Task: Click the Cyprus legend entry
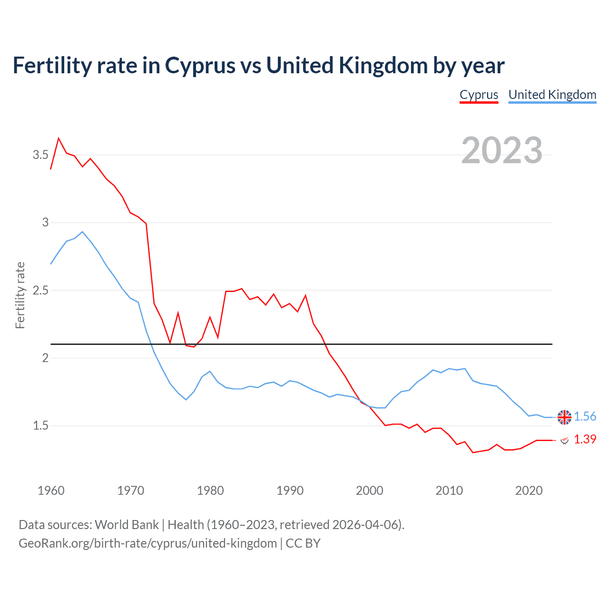(x=479, y=95)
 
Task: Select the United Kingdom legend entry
(x=552, y=95)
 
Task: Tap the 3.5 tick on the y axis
(x=40, y=155)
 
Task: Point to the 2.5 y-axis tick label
(x=40, y=290)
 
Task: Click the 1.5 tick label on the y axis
(x=40, y=426)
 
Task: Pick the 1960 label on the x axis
(x=51, y=491)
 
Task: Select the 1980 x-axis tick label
(x=210, y=491)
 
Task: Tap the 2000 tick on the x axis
(x=369, y=491)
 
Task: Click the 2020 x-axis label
(x=529, y=491)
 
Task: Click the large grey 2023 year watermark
(x=501, y=150)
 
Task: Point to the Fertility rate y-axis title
(x=20, y=295)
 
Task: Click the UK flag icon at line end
(x=564, y=417)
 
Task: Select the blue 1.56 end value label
(x=585, y=417)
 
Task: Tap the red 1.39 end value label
(x=585, y=439)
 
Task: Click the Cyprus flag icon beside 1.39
(x=564, y=440)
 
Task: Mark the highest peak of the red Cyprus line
(x=59, y=138)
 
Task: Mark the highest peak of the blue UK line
(x=82, y=232)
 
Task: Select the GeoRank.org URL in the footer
(x=147, y=543)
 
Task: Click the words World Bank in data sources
(x=127, y=525)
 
